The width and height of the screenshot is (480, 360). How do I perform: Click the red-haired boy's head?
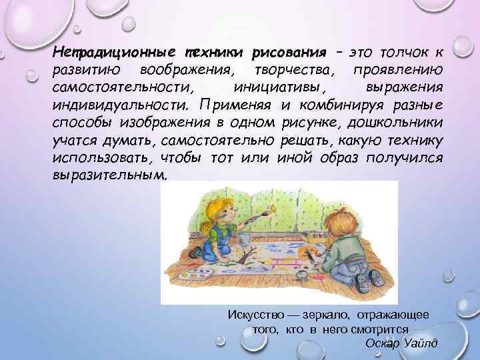[350, 213]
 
